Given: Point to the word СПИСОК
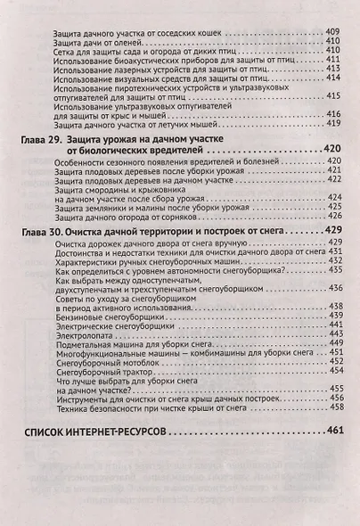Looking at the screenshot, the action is pos(53,433).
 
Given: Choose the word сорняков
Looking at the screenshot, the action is pos(225,215).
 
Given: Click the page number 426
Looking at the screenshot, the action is pos(335,215).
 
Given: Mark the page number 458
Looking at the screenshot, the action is pos(335,407).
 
